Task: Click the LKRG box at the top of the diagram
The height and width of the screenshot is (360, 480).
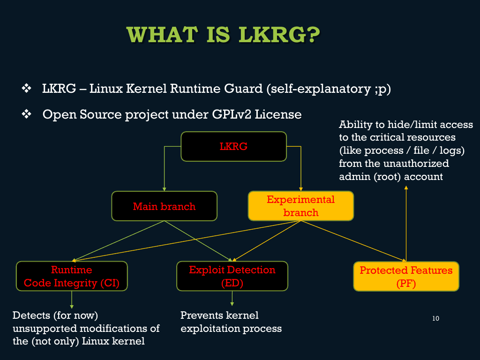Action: (233, 146)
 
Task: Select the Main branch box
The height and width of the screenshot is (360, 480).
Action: (164, 206)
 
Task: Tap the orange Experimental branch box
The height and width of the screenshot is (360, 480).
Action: (300, 206)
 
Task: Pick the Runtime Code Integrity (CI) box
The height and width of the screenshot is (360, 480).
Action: (72, 276)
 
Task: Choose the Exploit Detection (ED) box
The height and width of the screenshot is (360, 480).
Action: (232, 276)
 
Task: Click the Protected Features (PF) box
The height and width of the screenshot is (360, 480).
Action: (406, 276)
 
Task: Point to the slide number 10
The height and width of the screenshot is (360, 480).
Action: (436, 319)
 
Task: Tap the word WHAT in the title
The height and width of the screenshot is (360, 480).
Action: (159, 35)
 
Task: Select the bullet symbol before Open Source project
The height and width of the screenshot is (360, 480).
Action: (27, 114)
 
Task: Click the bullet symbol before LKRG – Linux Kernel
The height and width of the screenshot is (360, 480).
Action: (27, 89)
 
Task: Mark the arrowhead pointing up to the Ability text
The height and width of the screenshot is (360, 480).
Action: (406, 187)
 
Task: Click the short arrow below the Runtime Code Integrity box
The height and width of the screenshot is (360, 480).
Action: (72, 300)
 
